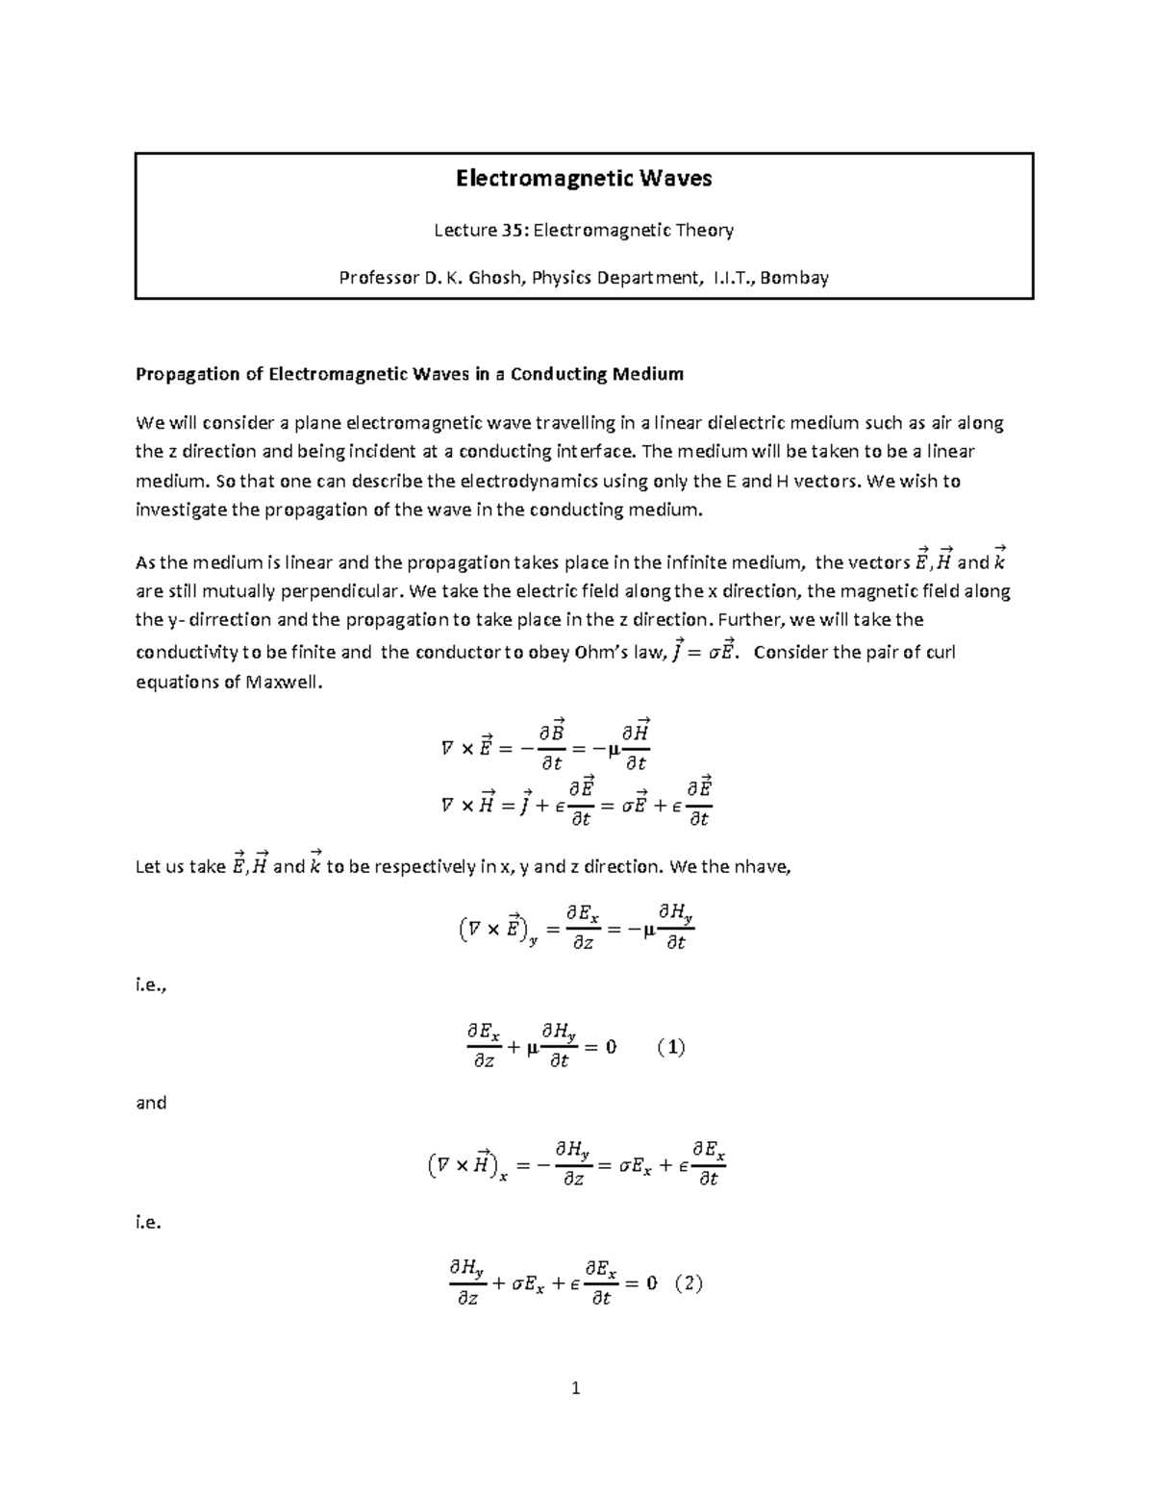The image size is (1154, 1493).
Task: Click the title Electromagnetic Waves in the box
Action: pos(583,179)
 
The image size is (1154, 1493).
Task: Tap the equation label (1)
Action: pos(670,1047)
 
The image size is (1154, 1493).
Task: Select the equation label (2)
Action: pos(689,1283)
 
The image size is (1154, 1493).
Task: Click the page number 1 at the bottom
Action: pos(576,1388)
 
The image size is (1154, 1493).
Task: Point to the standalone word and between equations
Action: pos(151,1103)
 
